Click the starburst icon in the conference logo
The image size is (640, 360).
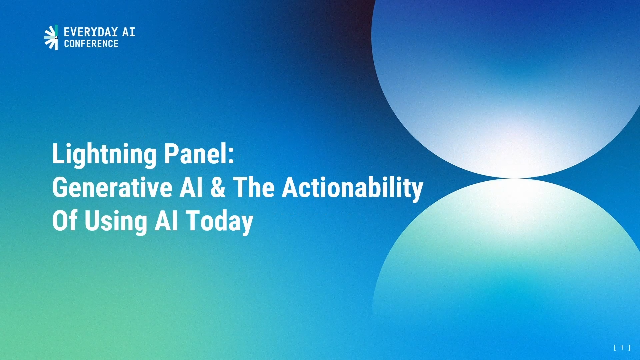tap(51, 37)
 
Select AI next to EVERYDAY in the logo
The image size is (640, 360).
tap(127, 32)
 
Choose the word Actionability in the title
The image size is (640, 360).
tap(351, 188)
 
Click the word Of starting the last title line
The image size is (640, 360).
tap(64, 221)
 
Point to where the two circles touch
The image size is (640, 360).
tap(517, 179)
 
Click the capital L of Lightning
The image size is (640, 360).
tap(57, 155)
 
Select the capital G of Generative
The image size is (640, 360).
tap(59, 188)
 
